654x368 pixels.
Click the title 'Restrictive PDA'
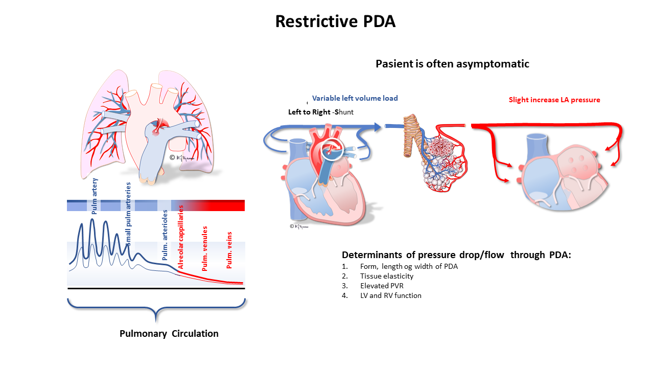point(335,21)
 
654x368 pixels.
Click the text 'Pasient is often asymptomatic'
point(452,64)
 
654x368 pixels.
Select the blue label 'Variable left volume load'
point(355,98)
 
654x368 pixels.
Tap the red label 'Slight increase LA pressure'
point(554,100)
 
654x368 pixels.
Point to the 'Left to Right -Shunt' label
point(321,112)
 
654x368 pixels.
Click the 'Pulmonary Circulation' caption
point(169,334)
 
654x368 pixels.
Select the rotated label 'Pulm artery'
point(95,196)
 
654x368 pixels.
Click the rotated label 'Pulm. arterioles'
point(165,240)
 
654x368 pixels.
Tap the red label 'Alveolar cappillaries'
point(180,241)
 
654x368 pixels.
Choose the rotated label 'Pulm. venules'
point(205,248)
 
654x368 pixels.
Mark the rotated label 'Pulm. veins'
point(229,250)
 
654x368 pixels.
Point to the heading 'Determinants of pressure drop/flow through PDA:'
point(456,255)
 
